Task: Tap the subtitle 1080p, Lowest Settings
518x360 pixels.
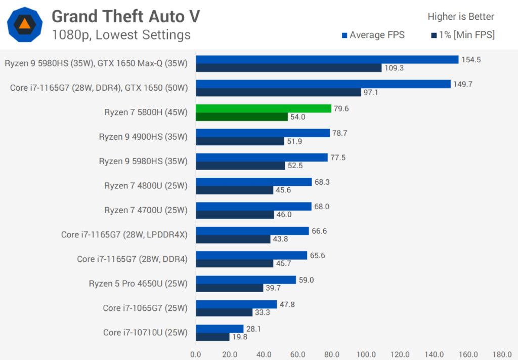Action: (x=121, y=34)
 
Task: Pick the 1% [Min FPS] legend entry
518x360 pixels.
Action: (x=463, y=35)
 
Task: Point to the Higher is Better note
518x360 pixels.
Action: (x=461, y=17)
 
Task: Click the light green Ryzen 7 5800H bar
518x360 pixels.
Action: (x=263, y=108)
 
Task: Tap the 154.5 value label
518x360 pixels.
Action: (x=470, y=60)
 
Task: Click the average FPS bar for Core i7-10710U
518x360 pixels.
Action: (x=219, y=329)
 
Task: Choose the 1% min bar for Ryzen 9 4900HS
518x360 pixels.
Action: (x=239, y=141)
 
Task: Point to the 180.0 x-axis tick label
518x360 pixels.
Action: (x=502, y=354)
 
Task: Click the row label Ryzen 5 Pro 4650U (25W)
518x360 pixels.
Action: (x=138, y=284)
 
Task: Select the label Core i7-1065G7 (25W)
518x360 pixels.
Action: (x=145, y=308)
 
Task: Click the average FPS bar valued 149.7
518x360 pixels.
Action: (x=322, y=84)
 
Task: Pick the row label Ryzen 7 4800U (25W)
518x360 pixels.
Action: (x=146, y=186)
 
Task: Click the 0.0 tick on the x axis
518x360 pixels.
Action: (x=195, y=354)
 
